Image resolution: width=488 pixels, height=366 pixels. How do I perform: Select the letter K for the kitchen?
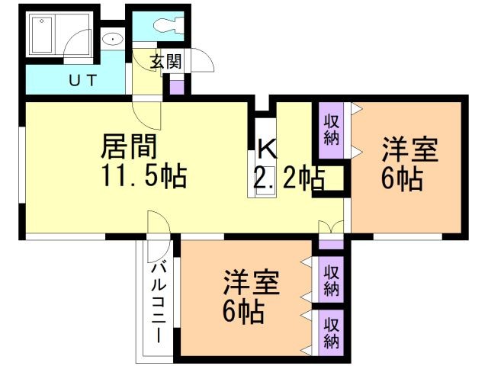click(x=265, y=147)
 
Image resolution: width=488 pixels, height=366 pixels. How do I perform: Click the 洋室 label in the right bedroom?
click(x=409, y=149)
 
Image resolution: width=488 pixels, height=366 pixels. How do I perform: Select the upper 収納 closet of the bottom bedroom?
click(x=331, y=280)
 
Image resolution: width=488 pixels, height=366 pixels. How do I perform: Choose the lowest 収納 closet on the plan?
click(x=331, y=332)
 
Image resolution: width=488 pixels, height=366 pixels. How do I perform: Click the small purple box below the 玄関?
click(x=176, y=85)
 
